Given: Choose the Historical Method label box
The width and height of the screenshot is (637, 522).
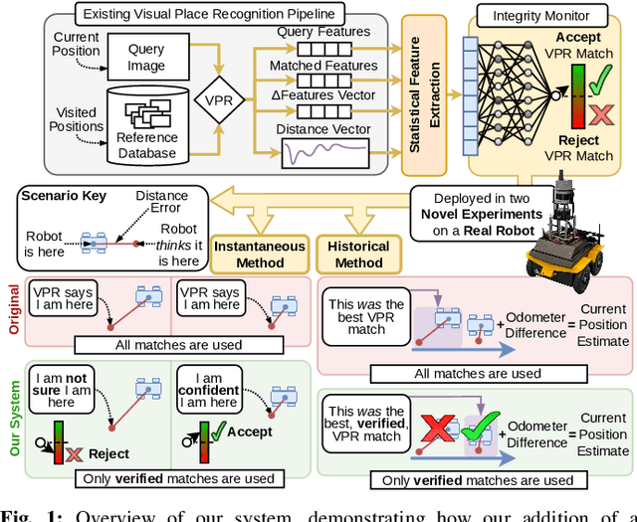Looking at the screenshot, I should tap(357, 254).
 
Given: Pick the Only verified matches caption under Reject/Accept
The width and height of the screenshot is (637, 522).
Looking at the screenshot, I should tap(165, 478).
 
